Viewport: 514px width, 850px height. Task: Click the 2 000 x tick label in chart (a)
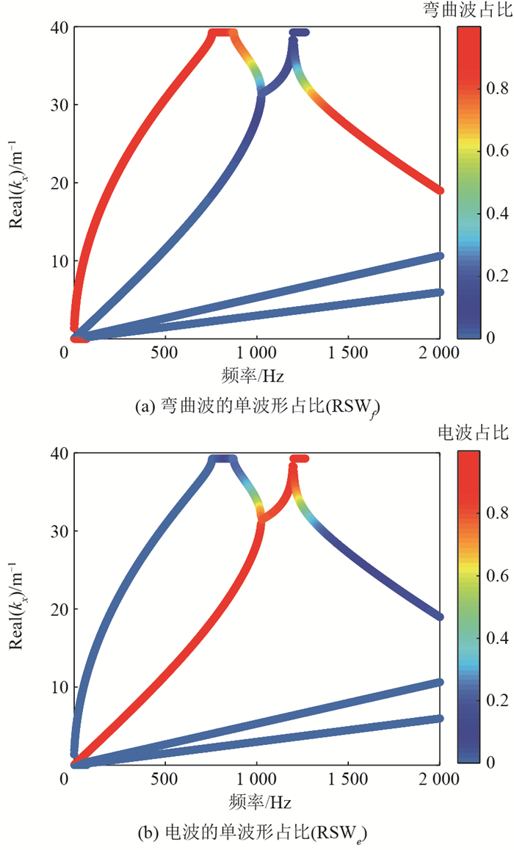[440, 353]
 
